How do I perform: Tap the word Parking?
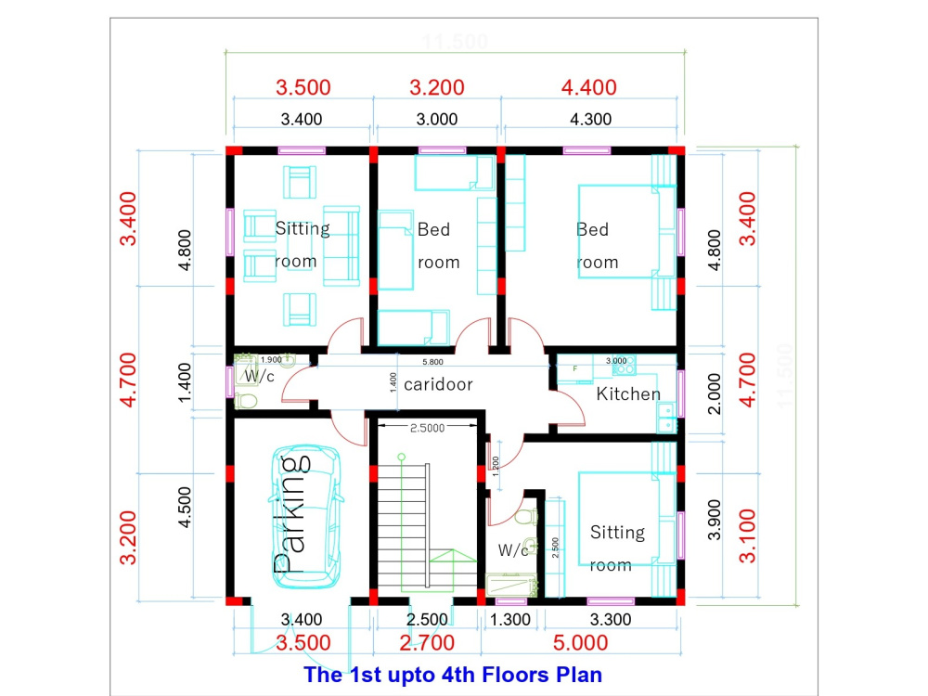tap(290, 512)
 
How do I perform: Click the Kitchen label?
tap(628, 394)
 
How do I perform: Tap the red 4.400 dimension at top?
tap(588, 88)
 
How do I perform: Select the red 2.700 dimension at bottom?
tap(427, 643)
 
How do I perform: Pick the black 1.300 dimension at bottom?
tap(510, 620)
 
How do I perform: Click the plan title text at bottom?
tap(454, 675)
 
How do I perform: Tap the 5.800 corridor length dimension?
tap(432, 361)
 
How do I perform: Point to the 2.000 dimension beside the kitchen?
tap(714, 393)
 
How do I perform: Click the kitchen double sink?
tap(665, 419)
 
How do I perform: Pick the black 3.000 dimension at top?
tap(436, 119)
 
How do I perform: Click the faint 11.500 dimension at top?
tap(455, 43)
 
